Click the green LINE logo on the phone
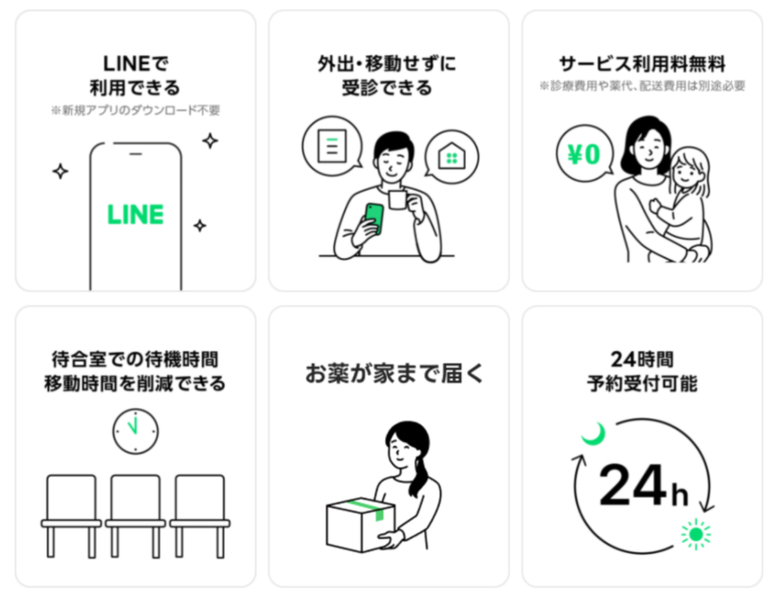coord(135,215)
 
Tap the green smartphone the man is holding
coord(374,219)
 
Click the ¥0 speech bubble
coord(584,156)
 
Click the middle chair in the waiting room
coord(135,507)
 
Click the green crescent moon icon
coord(593,435)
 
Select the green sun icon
coord(695,534)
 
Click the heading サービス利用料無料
coord(641,63)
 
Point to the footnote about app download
coord(135,110)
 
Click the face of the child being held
coord(687,171)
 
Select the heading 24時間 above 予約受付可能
coord(641,358)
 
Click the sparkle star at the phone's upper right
coord(209,140)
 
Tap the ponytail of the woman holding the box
coord(420,474)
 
